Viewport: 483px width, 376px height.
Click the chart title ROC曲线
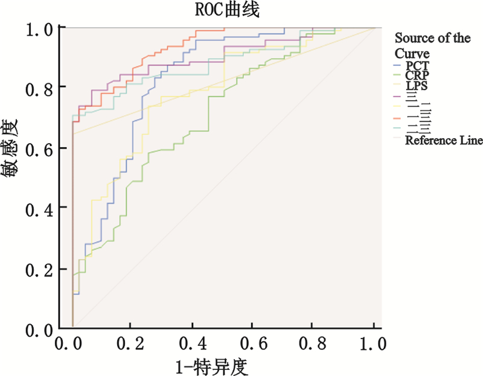[x=219, y=10]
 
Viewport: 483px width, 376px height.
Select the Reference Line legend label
[x=443, y=141]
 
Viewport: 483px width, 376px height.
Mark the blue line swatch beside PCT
[x=397, y=65]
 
